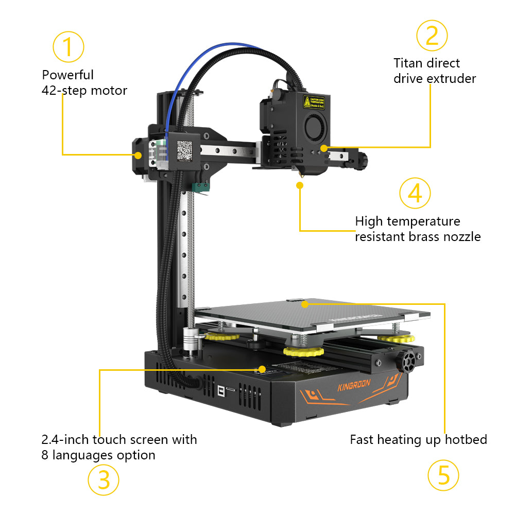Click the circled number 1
(68, 46)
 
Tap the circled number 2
(432, 35)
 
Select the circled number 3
(103, 480)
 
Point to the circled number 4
(415, 193)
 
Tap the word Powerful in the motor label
(68, 75)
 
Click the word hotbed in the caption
(468, 440)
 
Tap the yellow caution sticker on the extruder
(314, 103)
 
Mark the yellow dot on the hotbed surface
(305, 304)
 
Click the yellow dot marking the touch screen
(262, 369)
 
